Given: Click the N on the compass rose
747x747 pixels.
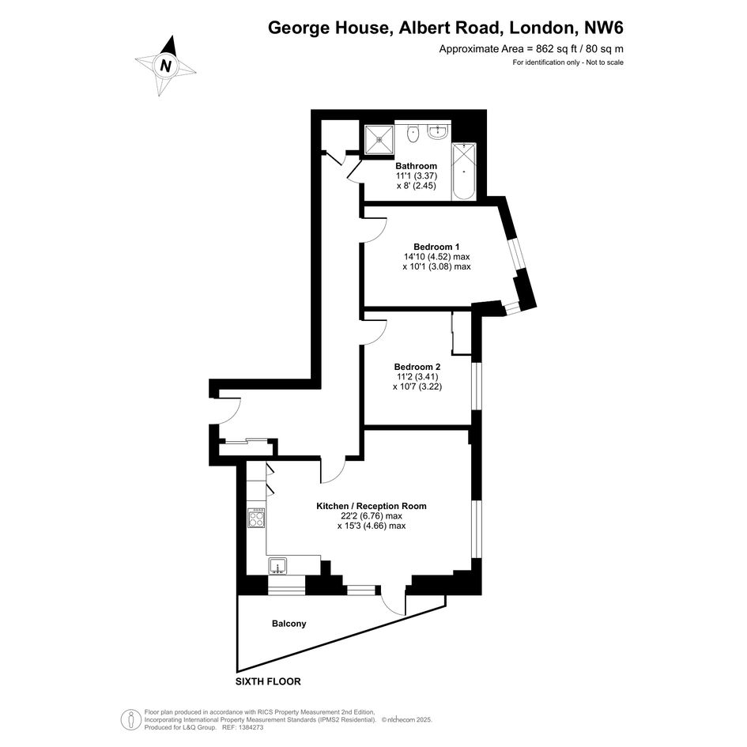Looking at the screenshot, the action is coord(165,66).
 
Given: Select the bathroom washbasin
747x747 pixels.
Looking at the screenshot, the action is coord(437,131).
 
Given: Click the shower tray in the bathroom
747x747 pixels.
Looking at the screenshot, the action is coord(379,140).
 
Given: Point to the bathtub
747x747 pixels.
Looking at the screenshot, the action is coord(463,171).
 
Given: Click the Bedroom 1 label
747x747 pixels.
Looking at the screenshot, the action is coord(436,247).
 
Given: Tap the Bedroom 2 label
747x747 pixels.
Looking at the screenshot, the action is coord(417,367).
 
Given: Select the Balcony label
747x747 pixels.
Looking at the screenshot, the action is coord(289,624).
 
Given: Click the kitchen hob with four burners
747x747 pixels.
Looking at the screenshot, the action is coord(257,518).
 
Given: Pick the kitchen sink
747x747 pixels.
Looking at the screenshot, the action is coord(277,565).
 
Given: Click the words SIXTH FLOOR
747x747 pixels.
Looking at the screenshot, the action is coord(268,681).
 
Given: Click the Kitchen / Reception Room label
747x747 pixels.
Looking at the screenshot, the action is coord(372,506).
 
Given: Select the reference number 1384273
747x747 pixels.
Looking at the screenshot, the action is coord(251,727).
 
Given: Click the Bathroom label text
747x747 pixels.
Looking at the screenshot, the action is coord(417,166).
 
